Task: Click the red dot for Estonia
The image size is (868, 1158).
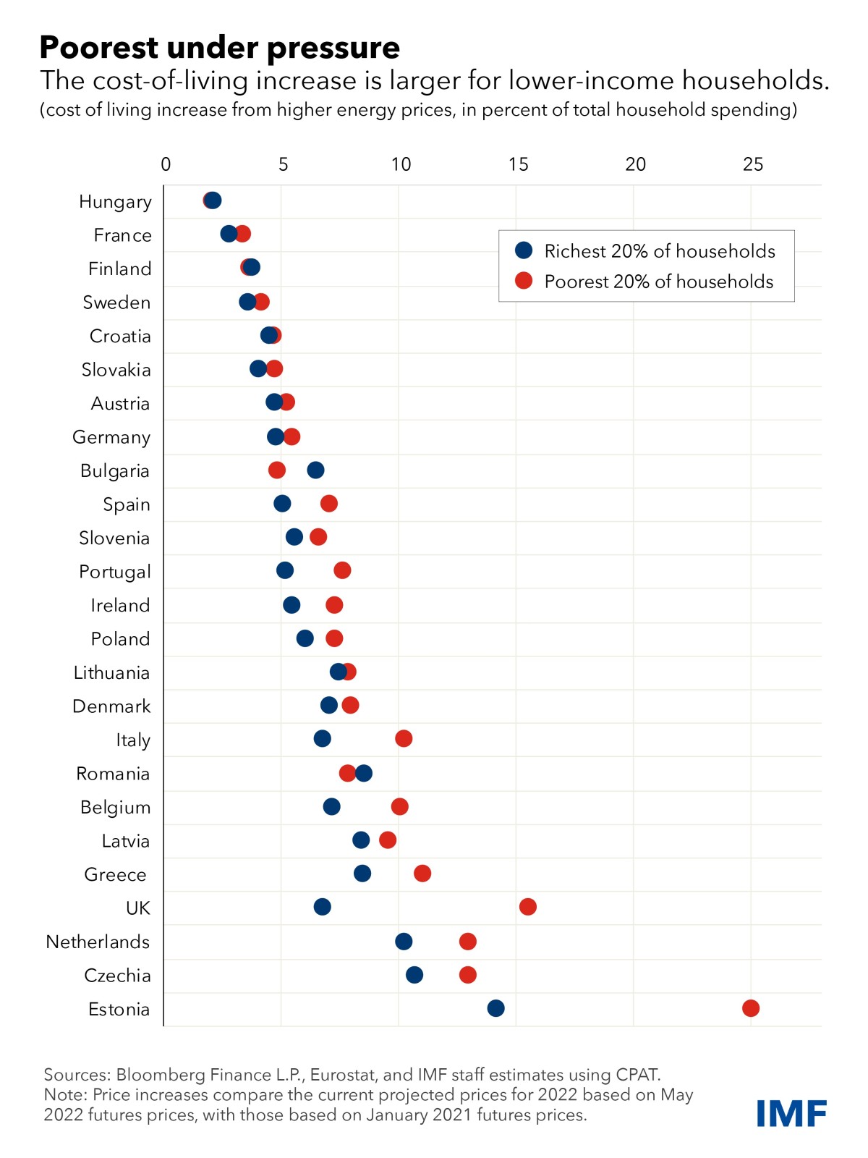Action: (751, 1008)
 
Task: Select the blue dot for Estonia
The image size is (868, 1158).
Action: (495, 1008)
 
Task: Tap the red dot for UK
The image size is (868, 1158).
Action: (528, 907)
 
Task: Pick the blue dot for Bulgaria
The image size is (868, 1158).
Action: (315, 470)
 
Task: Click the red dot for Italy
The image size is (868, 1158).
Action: (404, 739)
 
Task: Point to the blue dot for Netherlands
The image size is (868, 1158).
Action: (404, 942)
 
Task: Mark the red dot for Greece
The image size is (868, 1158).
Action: (422, 874)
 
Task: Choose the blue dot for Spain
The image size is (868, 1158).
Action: (282, 504)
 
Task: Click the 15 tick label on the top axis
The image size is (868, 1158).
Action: (518, 165)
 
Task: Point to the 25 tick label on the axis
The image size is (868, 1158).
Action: (752, 165)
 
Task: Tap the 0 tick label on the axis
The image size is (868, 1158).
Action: (166, 165)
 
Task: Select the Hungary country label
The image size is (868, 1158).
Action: (115, 202)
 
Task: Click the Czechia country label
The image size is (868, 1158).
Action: (117, 976)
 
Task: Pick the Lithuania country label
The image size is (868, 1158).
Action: (111, 673)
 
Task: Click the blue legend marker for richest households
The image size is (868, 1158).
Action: (524, 250)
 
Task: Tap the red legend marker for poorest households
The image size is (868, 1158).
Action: (524, 281)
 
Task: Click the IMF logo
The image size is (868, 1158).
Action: (791, 1114)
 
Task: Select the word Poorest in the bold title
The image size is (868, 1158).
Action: (99, 48)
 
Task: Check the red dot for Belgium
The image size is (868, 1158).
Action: (399, 806)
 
